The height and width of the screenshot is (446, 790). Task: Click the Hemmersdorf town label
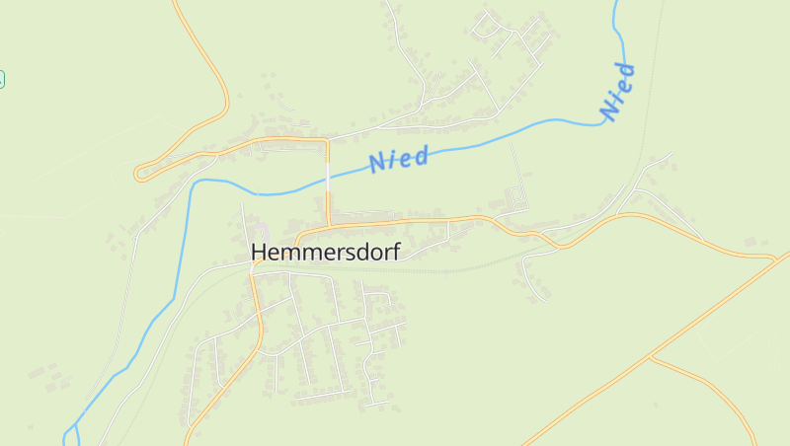[x=325, y=253]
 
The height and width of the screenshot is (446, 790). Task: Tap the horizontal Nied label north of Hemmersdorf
[x=399, y=159]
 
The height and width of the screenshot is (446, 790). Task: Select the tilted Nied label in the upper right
[x=617, y=93]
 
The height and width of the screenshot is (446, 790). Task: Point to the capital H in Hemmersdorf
[x=260, y=253]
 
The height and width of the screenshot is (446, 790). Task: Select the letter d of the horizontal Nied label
[x=422, y=155]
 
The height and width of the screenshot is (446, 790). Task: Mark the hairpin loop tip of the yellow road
[x=137, y=174]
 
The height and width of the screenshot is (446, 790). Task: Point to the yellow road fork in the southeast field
[x=652, y=358]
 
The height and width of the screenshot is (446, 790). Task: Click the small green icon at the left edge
[x=2, y=79]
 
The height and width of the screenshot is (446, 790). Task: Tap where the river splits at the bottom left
[x=71, y=430]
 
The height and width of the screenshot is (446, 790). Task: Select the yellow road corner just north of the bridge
[x=326, y=143]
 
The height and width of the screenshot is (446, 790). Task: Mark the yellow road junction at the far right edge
[x=775, y=259]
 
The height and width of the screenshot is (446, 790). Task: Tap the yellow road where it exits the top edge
[x=176, y=3]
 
